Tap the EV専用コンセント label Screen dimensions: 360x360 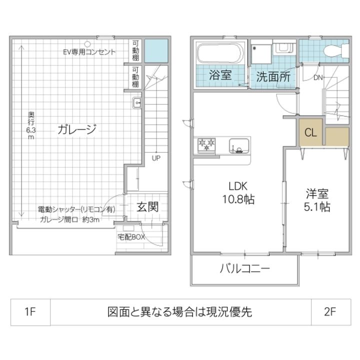(x=89, y=51)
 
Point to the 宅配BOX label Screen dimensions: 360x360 (x=131, y=236)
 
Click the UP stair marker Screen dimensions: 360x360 (x=156, y=158)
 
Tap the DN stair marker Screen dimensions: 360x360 (x=318, y=77)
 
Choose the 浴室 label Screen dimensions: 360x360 (x=220, y=76)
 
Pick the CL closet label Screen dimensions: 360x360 (x=311, y=133)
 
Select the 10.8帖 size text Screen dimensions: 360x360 (x=238, y=199)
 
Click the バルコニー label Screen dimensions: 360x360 (x=245, y=269)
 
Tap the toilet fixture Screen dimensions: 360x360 (x=332, y=49)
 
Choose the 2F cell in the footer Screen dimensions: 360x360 (x=330, y=312)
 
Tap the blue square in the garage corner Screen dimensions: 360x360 (x=156, y=50)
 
